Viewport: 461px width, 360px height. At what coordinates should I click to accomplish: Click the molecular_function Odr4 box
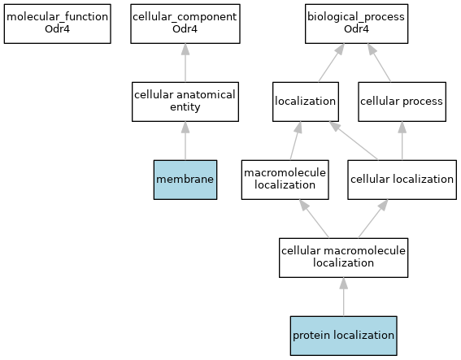[58, 24]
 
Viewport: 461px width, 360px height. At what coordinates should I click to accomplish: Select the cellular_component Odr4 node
[185, 24]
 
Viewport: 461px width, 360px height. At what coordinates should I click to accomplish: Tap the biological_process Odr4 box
[356, 24]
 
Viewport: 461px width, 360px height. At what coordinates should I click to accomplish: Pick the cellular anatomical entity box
[185, 102]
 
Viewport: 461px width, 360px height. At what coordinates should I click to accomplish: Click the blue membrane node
[185, 180]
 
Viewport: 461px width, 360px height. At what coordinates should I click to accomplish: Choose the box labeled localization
[306, 102]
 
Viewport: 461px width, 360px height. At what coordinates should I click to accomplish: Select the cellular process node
[402, 102]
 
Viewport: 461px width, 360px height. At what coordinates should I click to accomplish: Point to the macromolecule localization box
[285, 180]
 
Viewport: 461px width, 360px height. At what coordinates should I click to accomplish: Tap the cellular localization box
[402, 180]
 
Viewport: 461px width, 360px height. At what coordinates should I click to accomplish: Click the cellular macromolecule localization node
[343, 258]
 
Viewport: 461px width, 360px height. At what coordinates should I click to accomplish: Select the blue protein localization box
[343, 336]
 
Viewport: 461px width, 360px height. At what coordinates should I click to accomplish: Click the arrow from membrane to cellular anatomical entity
[185, 141]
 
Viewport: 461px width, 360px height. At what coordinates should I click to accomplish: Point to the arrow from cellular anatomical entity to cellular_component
[185, 63]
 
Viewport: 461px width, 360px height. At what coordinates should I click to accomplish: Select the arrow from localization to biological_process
[332, 63]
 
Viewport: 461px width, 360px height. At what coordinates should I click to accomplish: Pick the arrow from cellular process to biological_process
[379, 63]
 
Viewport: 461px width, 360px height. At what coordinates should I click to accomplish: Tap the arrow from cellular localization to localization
[354, 141]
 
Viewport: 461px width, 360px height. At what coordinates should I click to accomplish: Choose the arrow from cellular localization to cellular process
[402, 141]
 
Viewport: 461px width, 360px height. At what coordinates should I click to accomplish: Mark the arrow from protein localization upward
[343, 297]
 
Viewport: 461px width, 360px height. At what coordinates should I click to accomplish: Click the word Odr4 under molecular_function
[58, 29]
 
